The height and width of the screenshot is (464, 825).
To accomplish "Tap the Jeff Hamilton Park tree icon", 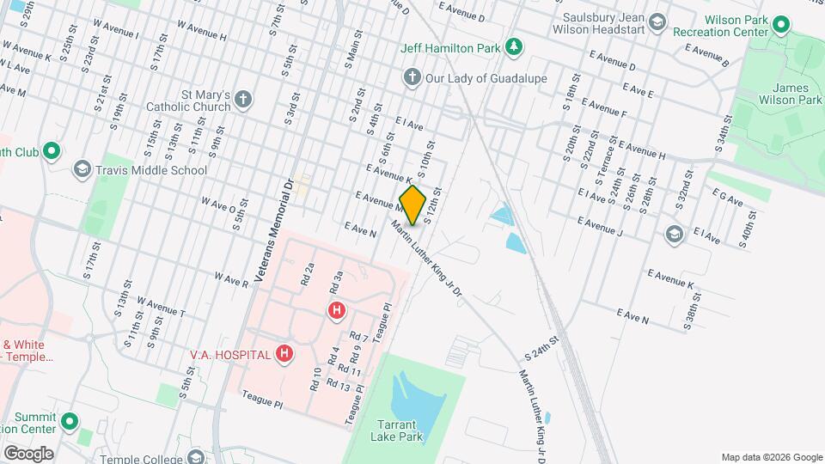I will click(513, 46).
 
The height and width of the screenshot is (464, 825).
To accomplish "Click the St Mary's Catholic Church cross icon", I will click(243, 99).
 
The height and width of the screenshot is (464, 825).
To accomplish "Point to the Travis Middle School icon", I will click(82, 169).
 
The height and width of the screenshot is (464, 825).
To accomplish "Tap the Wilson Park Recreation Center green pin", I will click(781, 23).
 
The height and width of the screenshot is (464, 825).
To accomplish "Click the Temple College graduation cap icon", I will click(199, 457).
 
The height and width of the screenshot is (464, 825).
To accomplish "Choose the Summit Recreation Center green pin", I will click(70, 422).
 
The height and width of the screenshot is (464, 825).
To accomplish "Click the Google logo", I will click(28, 452).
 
